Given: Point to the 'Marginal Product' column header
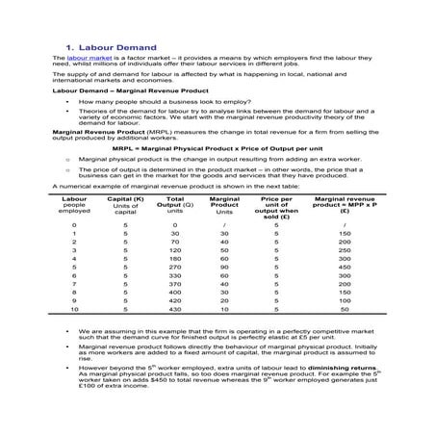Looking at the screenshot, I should point(224,204).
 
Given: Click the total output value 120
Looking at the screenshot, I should point(174,249).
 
